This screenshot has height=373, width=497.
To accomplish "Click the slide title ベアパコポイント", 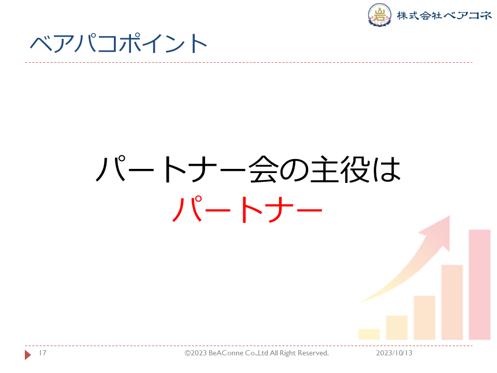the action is pyautogui.click(x=119, y=43).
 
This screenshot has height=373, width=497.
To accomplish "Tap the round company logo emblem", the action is pyautogui.click(x=379, y=15).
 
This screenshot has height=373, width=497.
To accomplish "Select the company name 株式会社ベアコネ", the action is pyautogui.click(x=444, y=15).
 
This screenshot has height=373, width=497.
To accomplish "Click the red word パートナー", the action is pyautogui.click(x=247, y=209).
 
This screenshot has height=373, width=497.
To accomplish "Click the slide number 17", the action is pyautogui.click(x=42, y=353).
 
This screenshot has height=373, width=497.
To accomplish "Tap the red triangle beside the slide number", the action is pyautogui.click(x=27, y=354).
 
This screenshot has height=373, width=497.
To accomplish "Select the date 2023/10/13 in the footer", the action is pyautogui.click(x=394, y=353).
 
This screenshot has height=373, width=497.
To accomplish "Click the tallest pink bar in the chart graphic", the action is pyautogui.click(x=479, y=284).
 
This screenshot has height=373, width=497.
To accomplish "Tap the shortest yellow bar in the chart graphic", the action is pyautogui.click(x=369, y=334).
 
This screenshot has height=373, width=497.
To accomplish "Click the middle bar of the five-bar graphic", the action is pyautogui.click(x=425, y=318).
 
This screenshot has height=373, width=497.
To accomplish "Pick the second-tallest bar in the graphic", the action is pyautogui.click(x=452, y=302).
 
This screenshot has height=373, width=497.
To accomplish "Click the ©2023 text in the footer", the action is pyautogui.click(x=196, y=353).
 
